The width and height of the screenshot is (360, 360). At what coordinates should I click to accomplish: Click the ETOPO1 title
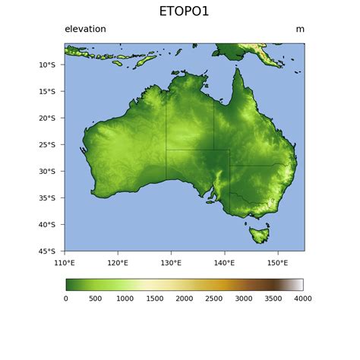tap(184, 11)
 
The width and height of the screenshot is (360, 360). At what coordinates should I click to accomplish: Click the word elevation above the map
tap(85, 30)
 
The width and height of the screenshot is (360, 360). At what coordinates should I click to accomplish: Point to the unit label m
tap(300, 30)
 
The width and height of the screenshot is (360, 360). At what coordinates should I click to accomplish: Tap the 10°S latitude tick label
tap(47, 65)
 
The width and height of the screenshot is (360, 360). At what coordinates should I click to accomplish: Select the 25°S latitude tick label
tap(47, 145)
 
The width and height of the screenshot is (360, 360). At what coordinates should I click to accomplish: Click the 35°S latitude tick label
tap(47, 198)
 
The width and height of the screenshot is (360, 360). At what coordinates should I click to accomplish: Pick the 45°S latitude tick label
tap(47, 251)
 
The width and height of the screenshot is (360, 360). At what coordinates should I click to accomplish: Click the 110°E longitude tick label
tap(65, 263)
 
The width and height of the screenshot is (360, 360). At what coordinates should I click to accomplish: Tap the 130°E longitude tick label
tap(171, 263)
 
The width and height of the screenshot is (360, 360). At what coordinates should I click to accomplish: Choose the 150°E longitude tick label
tap(277, 263)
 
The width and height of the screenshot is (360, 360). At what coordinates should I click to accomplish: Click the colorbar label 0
tap(66, 298)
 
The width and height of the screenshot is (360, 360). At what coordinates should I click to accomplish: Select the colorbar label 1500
tap(155, 298)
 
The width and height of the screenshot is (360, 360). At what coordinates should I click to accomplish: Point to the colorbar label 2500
tap(214, 298)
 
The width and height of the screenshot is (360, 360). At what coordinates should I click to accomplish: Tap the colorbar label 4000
tap(302, 298)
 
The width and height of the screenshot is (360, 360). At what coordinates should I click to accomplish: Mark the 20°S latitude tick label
tap(47, 118)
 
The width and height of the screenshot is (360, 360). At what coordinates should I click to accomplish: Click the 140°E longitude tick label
tap(224, 263)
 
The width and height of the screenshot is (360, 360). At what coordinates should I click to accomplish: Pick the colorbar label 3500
tap(273, 298)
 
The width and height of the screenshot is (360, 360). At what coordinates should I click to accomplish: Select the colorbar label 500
tap(96, 298)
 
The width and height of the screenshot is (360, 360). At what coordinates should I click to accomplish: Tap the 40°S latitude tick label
tap(47, 225)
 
